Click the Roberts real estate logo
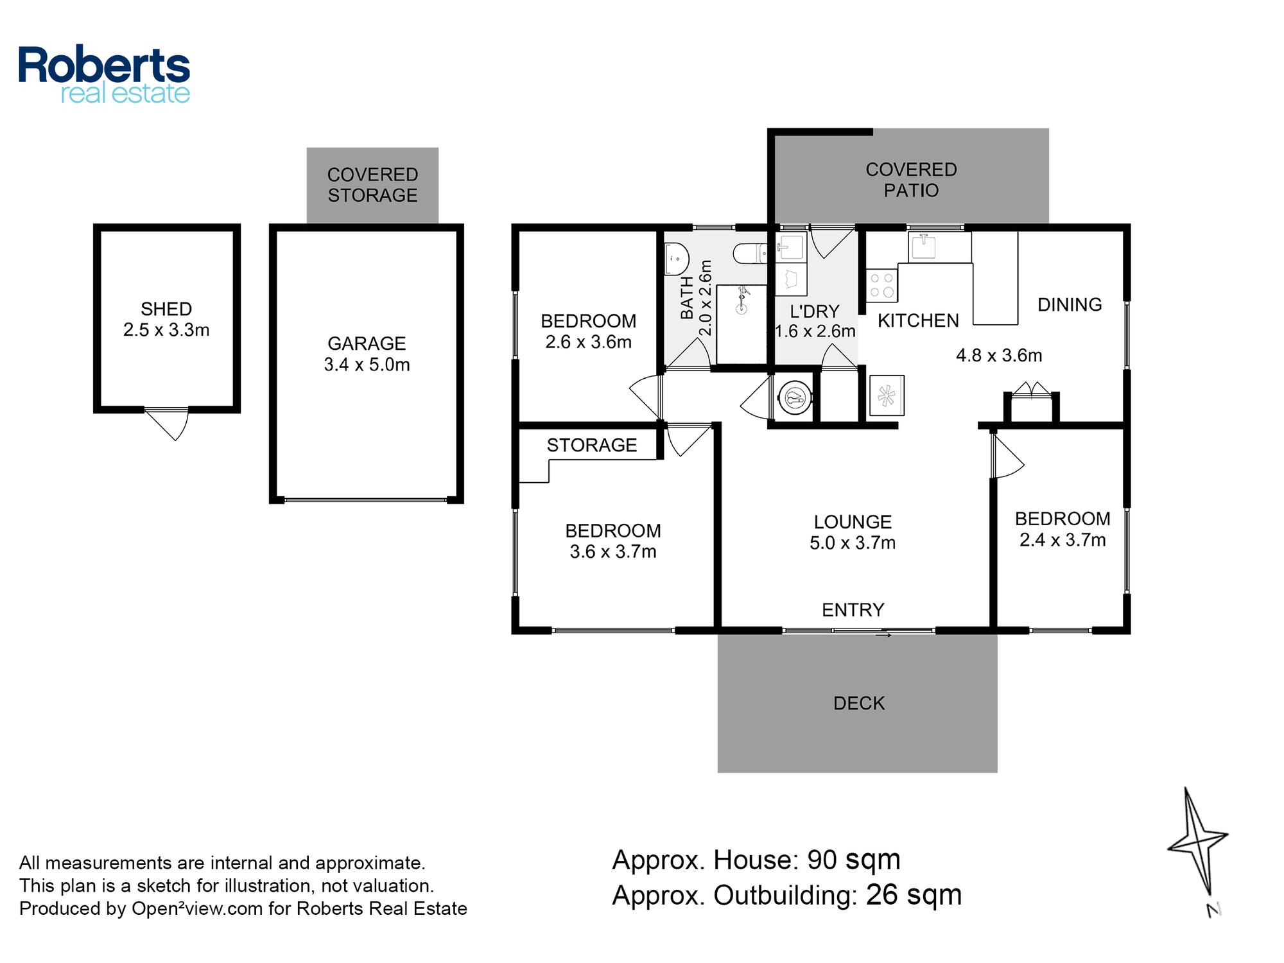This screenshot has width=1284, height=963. tap(104, 74)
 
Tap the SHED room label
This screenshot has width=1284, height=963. tap(166, 309)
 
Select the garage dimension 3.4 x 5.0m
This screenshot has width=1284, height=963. tap(367, 365)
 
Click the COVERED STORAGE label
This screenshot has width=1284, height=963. tap(372, 185)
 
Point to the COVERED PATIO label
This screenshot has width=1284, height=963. tap(911, 180)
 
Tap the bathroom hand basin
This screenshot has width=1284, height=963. tap(676, 259)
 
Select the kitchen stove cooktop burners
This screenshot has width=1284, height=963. tap(881, 285)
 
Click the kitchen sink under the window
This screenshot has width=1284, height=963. tap(923, 247)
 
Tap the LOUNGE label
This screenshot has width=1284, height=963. tap(853, 522)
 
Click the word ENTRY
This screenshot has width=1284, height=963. tap(853, 610)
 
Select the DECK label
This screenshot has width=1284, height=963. tap(859, 704)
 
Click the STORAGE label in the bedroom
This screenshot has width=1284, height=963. tap(591, 445)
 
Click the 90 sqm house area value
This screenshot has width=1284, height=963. tap(854, 860)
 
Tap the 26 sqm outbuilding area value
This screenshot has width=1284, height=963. tap(914, 895)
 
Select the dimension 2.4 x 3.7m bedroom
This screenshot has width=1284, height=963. tap(1063, 540)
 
